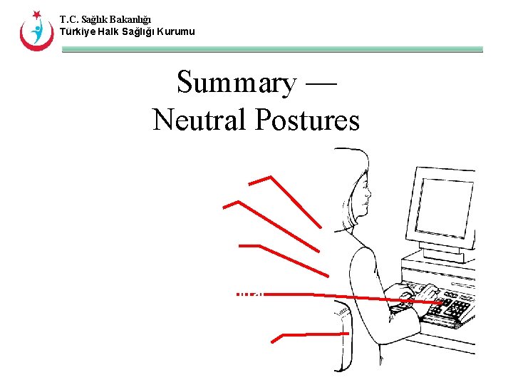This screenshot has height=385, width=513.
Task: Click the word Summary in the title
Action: click(235, 84)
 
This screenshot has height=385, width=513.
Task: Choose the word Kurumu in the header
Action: click(173, 31)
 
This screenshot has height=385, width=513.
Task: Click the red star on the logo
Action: click(36, 15)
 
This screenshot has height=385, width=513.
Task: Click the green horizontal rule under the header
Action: click(271, 50)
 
